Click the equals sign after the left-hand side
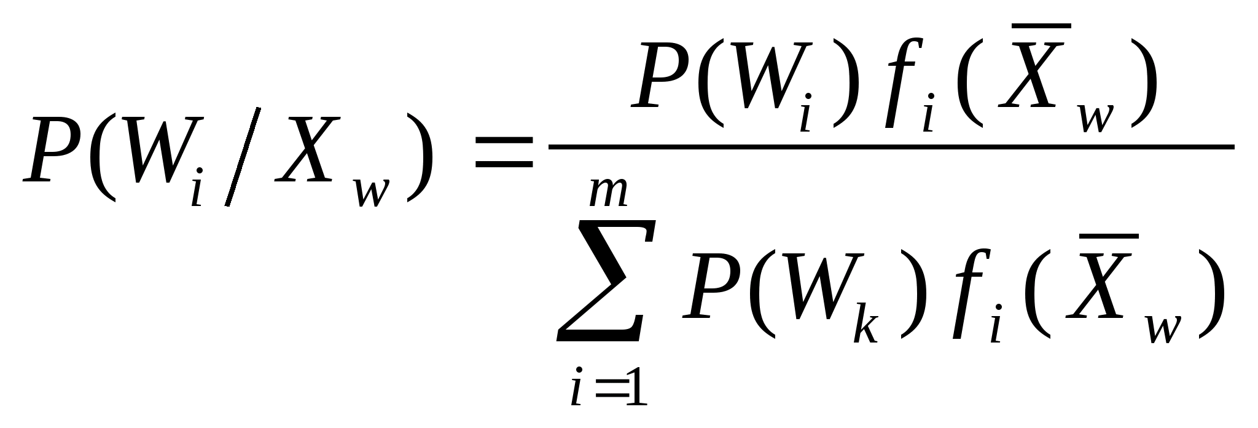tap(504, 153)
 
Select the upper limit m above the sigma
tap(608, 192)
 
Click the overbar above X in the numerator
tap(1041, 26)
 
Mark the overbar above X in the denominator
tap(1109, 236)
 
